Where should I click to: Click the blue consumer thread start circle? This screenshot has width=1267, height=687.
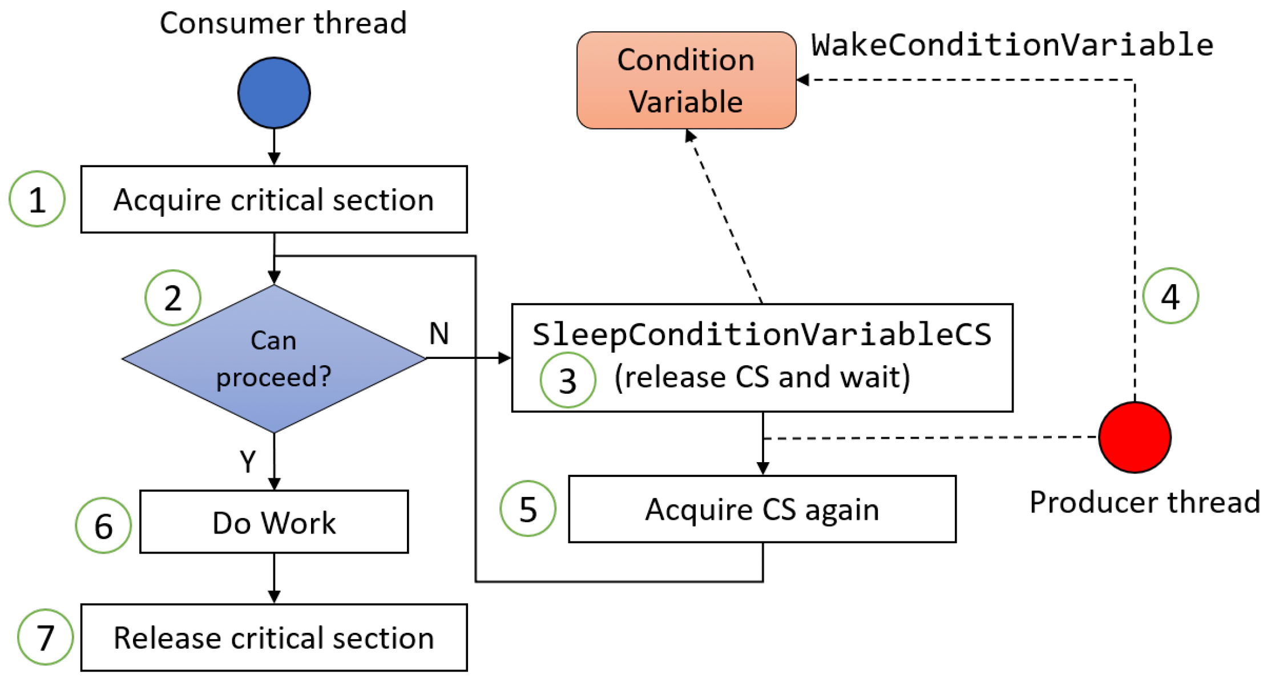274,92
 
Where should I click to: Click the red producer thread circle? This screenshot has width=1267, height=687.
1135,437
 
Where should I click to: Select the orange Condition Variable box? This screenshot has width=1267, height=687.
686,80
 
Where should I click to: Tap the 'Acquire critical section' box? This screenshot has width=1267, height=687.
274,199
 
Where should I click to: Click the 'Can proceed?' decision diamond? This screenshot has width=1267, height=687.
274,358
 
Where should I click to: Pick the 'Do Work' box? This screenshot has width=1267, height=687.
274,522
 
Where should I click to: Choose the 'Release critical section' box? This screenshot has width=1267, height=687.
274,637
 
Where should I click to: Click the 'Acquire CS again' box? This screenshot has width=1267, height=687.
762,509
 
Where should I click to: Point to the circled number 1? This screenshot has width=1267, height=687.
37,199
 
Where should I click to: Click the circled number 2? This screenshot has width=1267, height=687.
173,298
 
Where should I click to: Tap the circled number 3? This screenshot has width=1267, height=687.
568,380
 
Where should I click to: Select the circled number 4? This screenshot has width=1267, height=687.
1171,296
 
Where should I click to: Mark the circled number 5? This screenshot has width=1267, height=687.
528,508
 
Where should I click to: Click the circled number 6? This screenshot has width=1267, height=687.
103,525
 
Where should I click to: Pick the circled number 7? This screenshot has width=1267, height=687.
45,637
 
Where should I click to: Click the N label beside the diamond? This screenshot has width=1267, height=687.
439,333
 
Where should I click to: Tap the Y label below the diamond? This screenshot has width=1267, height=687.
248,461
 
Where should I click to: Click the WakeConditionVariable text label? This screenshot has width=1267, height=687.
1012,45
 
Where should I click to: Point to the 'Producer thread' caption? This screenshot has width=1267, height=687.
1145,502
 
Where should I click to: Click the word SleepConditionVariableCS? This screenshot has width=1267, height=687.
762,334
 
